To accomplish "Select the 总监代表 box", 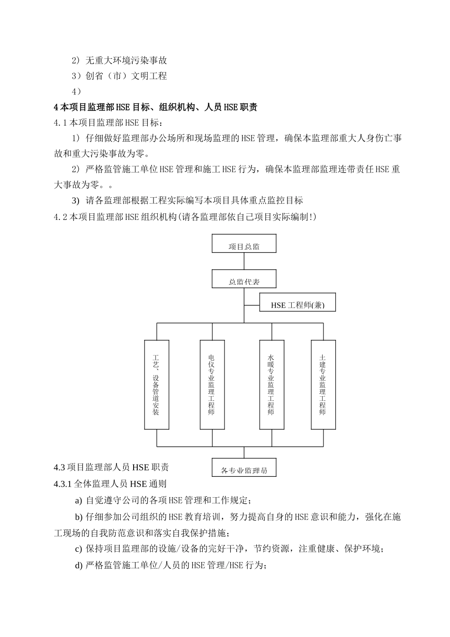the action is (x=244, y=279).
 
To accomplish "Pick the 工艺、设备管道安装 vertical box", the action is (x=156, y=384).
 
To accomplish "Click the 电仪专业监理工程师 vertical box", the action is (x=211, y=384).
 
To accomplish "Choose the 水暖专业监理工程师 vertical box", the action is (x=271, y=384).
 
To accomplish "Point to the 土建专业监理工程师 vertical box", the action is (x=323, y=384).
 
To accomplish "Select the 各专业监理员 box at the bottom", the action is (x=244, y=468).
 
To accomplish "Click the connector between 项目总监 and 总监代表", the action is (x=244, y=261).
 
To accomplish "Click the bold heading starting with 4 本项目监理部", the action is (x=156, y=107).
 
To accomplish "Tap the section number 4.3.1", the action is (x=63, y=484).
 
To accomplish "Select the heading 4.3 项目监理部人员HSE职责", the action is (x=111, y=467).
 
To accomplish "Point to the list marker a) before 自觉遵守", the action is (x=78, y=500).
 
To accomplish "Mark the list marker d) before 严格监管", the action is (x=79, y=565).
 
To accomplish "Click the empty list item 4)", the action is (x=77, y=91).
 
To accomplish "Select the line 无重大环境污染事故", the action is (x=126, y=60).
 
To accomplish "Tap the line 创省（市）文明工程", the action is (x=126, y=76).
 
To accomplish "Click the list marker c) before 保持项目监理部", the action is (x=79, y=549).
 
